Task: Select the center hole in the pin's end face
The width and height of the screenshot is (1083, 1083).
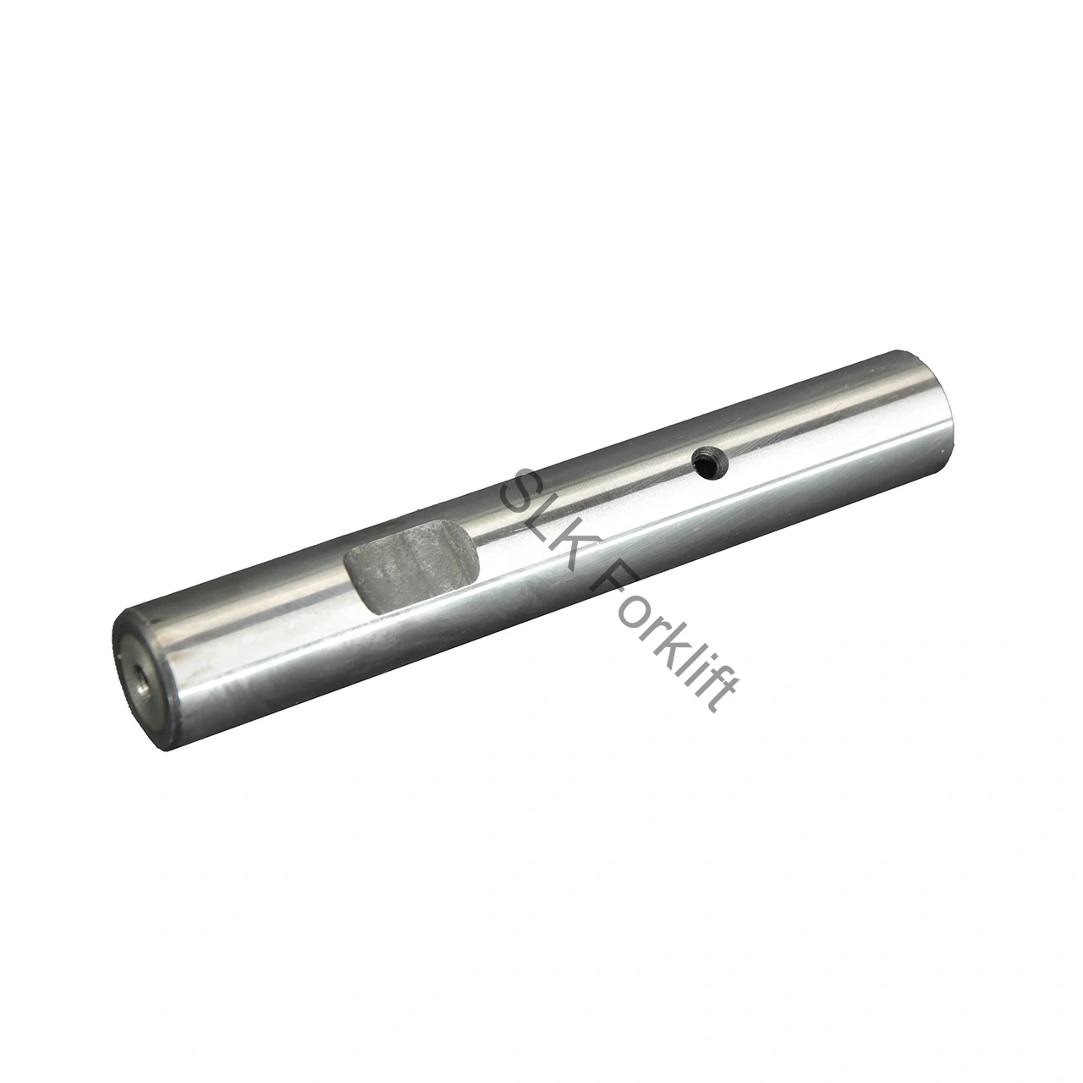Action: click(x=142, y=685)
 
